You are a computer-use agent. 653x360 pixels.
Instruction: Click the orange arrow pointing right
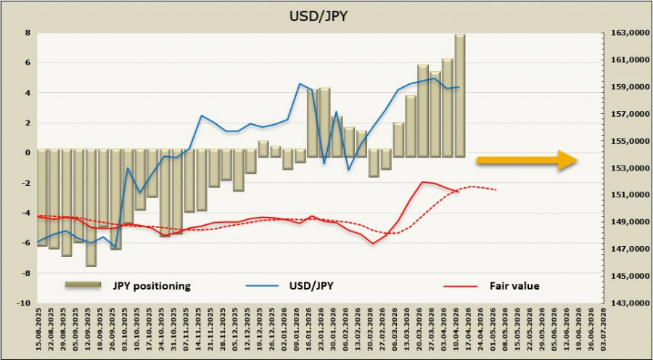[527, 162]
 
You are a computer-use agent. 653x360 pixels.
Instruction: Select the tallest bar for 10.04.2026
[460, 94]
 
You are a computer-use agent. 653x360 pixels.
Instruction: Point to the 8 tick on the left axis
[27, 33]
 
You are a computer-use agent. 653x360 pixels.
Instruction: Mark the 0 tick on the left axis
[27, 153]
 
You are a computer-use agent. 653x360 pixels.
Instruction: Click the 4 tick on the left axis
[27, 93]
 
